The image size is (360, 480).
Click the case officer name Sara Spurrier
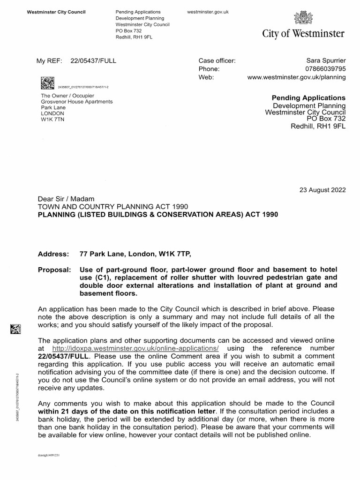[326, 60]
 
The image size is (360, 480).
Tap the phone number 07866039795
[326, 69]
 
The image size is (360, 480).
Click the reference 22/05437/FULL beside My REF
[93, 60]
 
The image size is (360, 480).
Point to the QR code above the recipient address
[47, 83]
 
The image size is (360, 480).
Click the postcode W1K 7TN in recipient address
[52, 120]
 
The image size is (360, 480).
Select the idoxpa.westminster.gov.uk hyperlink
[135, 349]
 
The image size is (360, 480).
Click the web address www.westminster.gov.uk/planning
[296, 77]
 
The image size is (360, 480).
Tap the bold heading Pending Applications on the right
[308, 97]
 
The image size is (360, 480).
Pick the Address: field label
[52, 254]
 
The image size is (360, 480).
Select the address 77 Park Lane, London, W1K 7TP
[135, 254]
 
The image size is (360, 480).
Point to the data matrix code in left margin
[15, 330]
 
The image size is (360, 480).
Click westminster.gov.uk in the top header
[207, 11]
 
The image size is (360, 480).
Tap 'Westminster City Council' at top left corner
[56, 11]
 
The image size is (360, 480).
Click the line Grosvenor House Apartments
[77, 101]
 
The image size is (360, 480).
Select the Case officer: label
[217, 60]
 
